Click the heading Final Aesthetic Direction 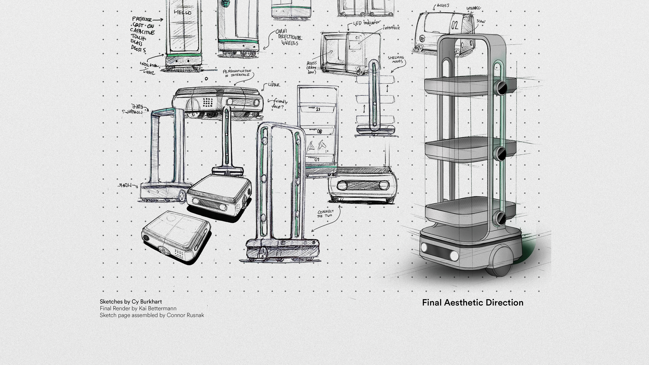473,302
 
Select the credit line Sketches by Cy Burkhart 131,301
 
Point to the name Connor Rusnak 185,315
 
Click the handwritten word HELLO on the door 183,12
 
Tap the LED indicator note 367,23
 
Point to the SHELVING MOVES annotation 396,59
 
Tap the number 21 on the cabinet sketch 318,109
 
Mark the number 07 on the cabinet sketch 317,160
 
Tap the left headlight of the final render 424,247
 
